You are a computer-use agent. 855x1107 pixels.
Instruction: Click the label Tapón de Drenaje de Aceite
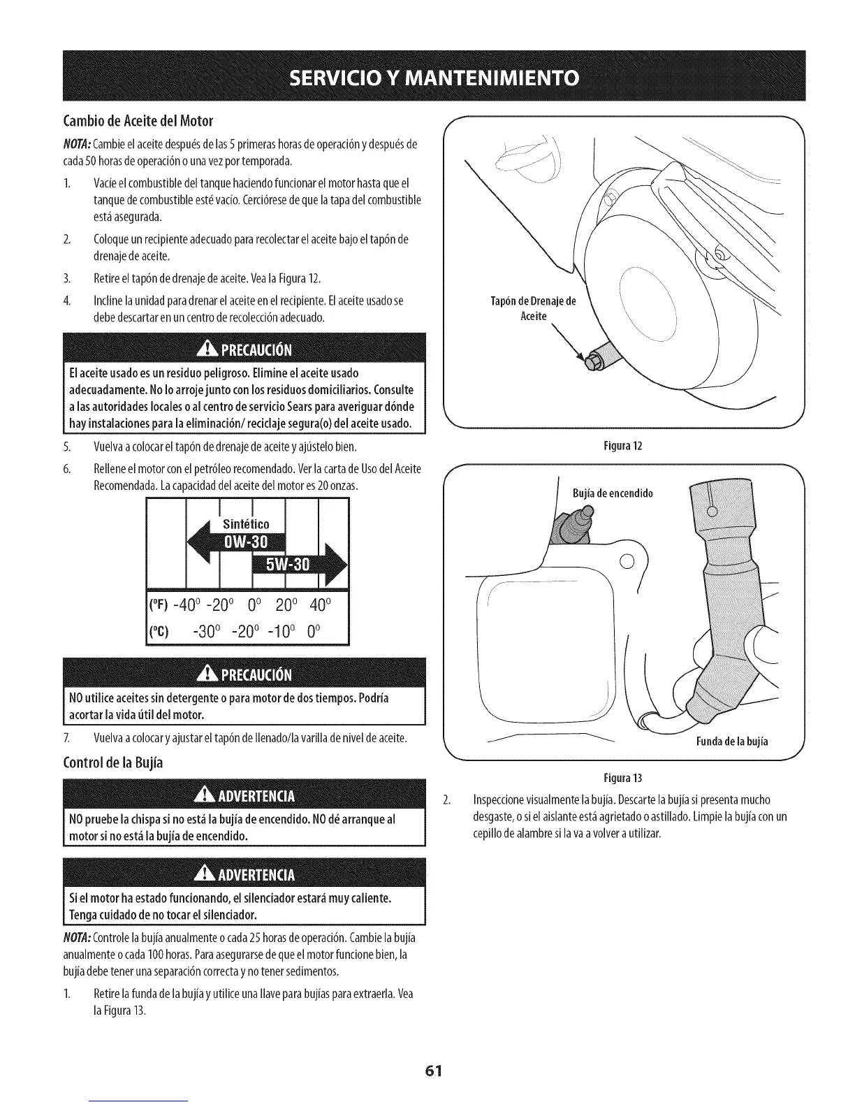click(x=534, y=309)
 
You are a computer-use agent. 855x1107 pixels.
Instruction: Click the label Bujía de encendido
click(x=612, y=493)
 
